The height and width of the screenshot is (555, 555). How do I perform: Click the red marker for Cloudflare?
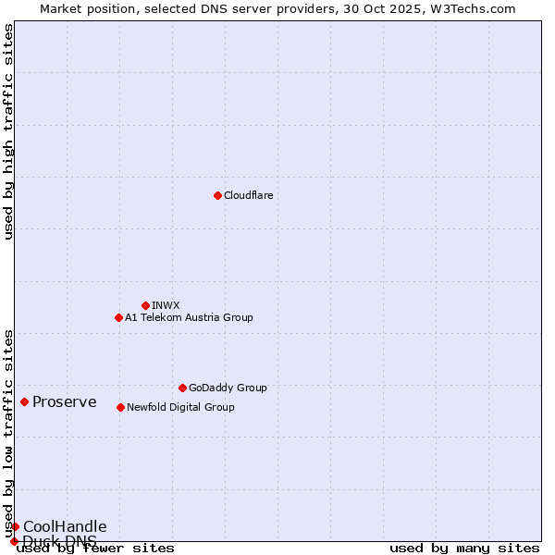point(217,195)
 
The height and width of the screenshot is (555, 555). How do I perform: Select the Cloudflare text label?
point(248,195)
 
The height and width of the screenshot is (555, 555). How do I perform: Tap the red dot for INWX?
point(145,305)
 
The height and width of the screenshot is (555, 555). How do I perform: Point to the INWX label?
point(166,305)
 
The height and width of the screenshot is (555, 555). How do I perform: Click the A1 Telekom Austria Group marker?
point(118,317)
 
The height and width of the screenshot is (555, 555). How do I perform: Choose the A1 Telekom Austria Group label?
point(189,317)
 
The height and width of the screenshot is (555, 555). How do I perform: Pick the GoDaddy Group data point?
point(182,388)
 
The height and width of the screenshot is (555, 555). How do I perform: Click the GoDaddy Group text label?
point(227,388)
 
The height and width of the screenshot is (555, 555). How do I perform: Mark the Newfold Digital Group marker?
point(120,407)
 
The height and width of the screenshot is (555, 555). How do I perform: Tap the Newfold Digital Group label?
point(180,407)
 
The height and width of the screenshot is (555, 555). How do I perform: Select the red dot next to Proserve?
point(24,401)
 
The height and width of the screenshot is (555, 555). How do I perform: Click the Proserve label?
point(64,401)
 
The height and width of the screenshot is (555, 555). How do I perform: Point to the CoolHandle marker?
point(15,526)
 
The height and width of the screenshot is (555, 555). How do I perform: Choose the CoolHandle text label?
point(65,526)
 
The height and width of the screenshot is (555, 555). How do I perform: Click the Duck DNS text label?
point(60,540)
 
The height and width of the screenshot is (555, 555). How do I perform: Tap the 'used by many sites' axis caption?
point(464,549)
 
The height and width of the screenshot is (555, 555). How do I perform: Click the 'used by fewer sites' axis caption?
point(95,549)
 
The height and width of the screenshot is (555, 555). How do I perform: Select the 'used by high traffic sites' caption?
point(9,131)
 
